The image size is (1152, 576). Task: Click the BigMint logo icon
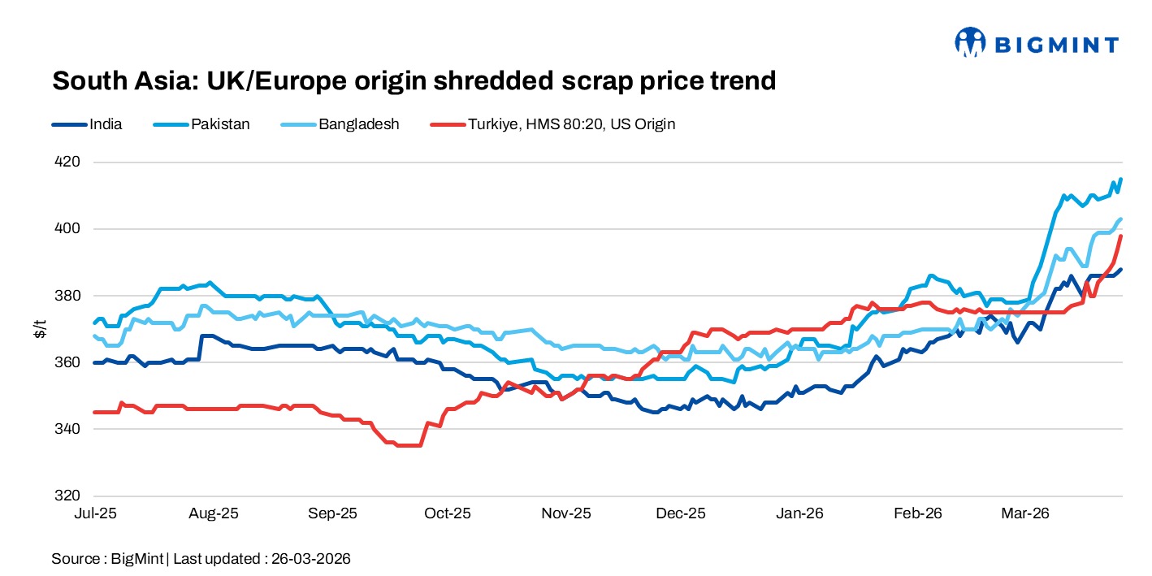point(969,42)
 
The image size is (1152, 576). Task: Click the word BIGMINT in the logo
point(1054,45)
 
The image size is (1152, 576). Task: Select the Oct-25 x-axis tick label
point(448,513)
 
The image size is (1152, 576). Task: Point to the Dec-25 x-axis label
point(682,513)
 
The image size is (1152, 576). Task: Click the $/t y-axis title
point(40,328)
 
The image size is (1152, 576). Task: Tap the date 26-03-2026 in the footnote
point(310,559)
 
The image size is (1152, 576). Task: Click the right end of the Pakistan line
point(1121,179)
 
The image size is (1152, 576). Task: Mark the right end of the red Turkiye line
point(1121,236)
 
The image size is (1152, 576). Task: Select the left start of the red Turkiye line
point(94,413)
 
